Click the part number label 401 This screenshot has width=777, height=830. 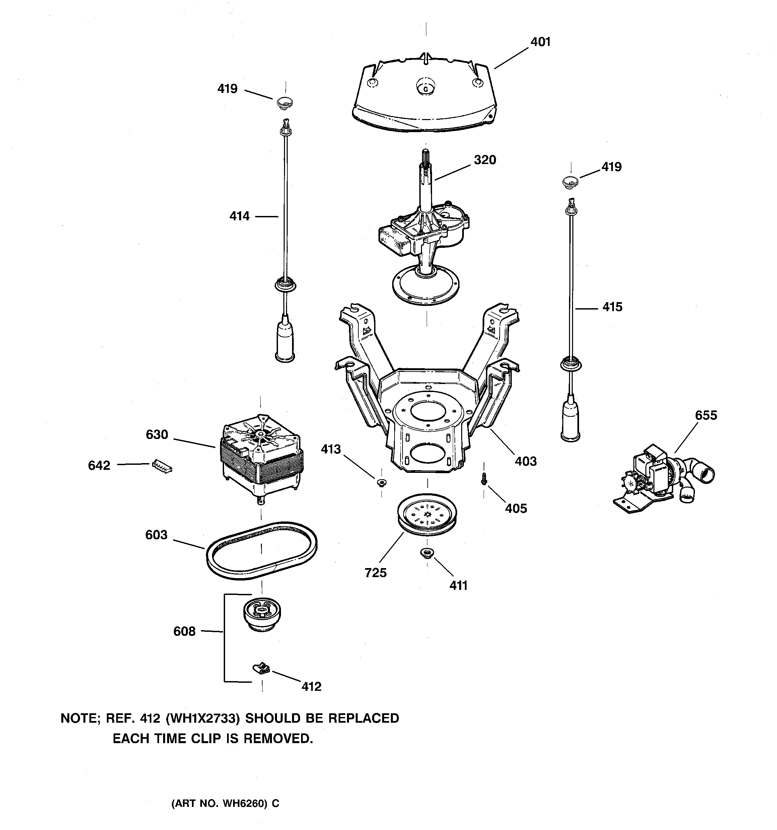[540, 42]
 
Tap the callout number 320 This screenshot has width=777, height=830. [485, 160]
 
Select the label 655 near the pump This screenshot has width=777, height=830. [706, 416]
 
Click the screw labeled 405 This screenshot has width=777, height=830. [484, 479]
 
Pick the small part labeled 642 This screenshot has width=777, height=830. [162, 465]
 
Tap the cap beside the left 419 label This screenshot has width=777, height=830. [285, 102]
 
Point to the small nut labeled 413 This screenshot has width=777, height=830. [381, 483]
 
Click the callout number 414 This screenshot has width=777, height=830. [239, 216]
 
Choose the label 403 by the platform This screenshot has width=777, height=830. [525, 461]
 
